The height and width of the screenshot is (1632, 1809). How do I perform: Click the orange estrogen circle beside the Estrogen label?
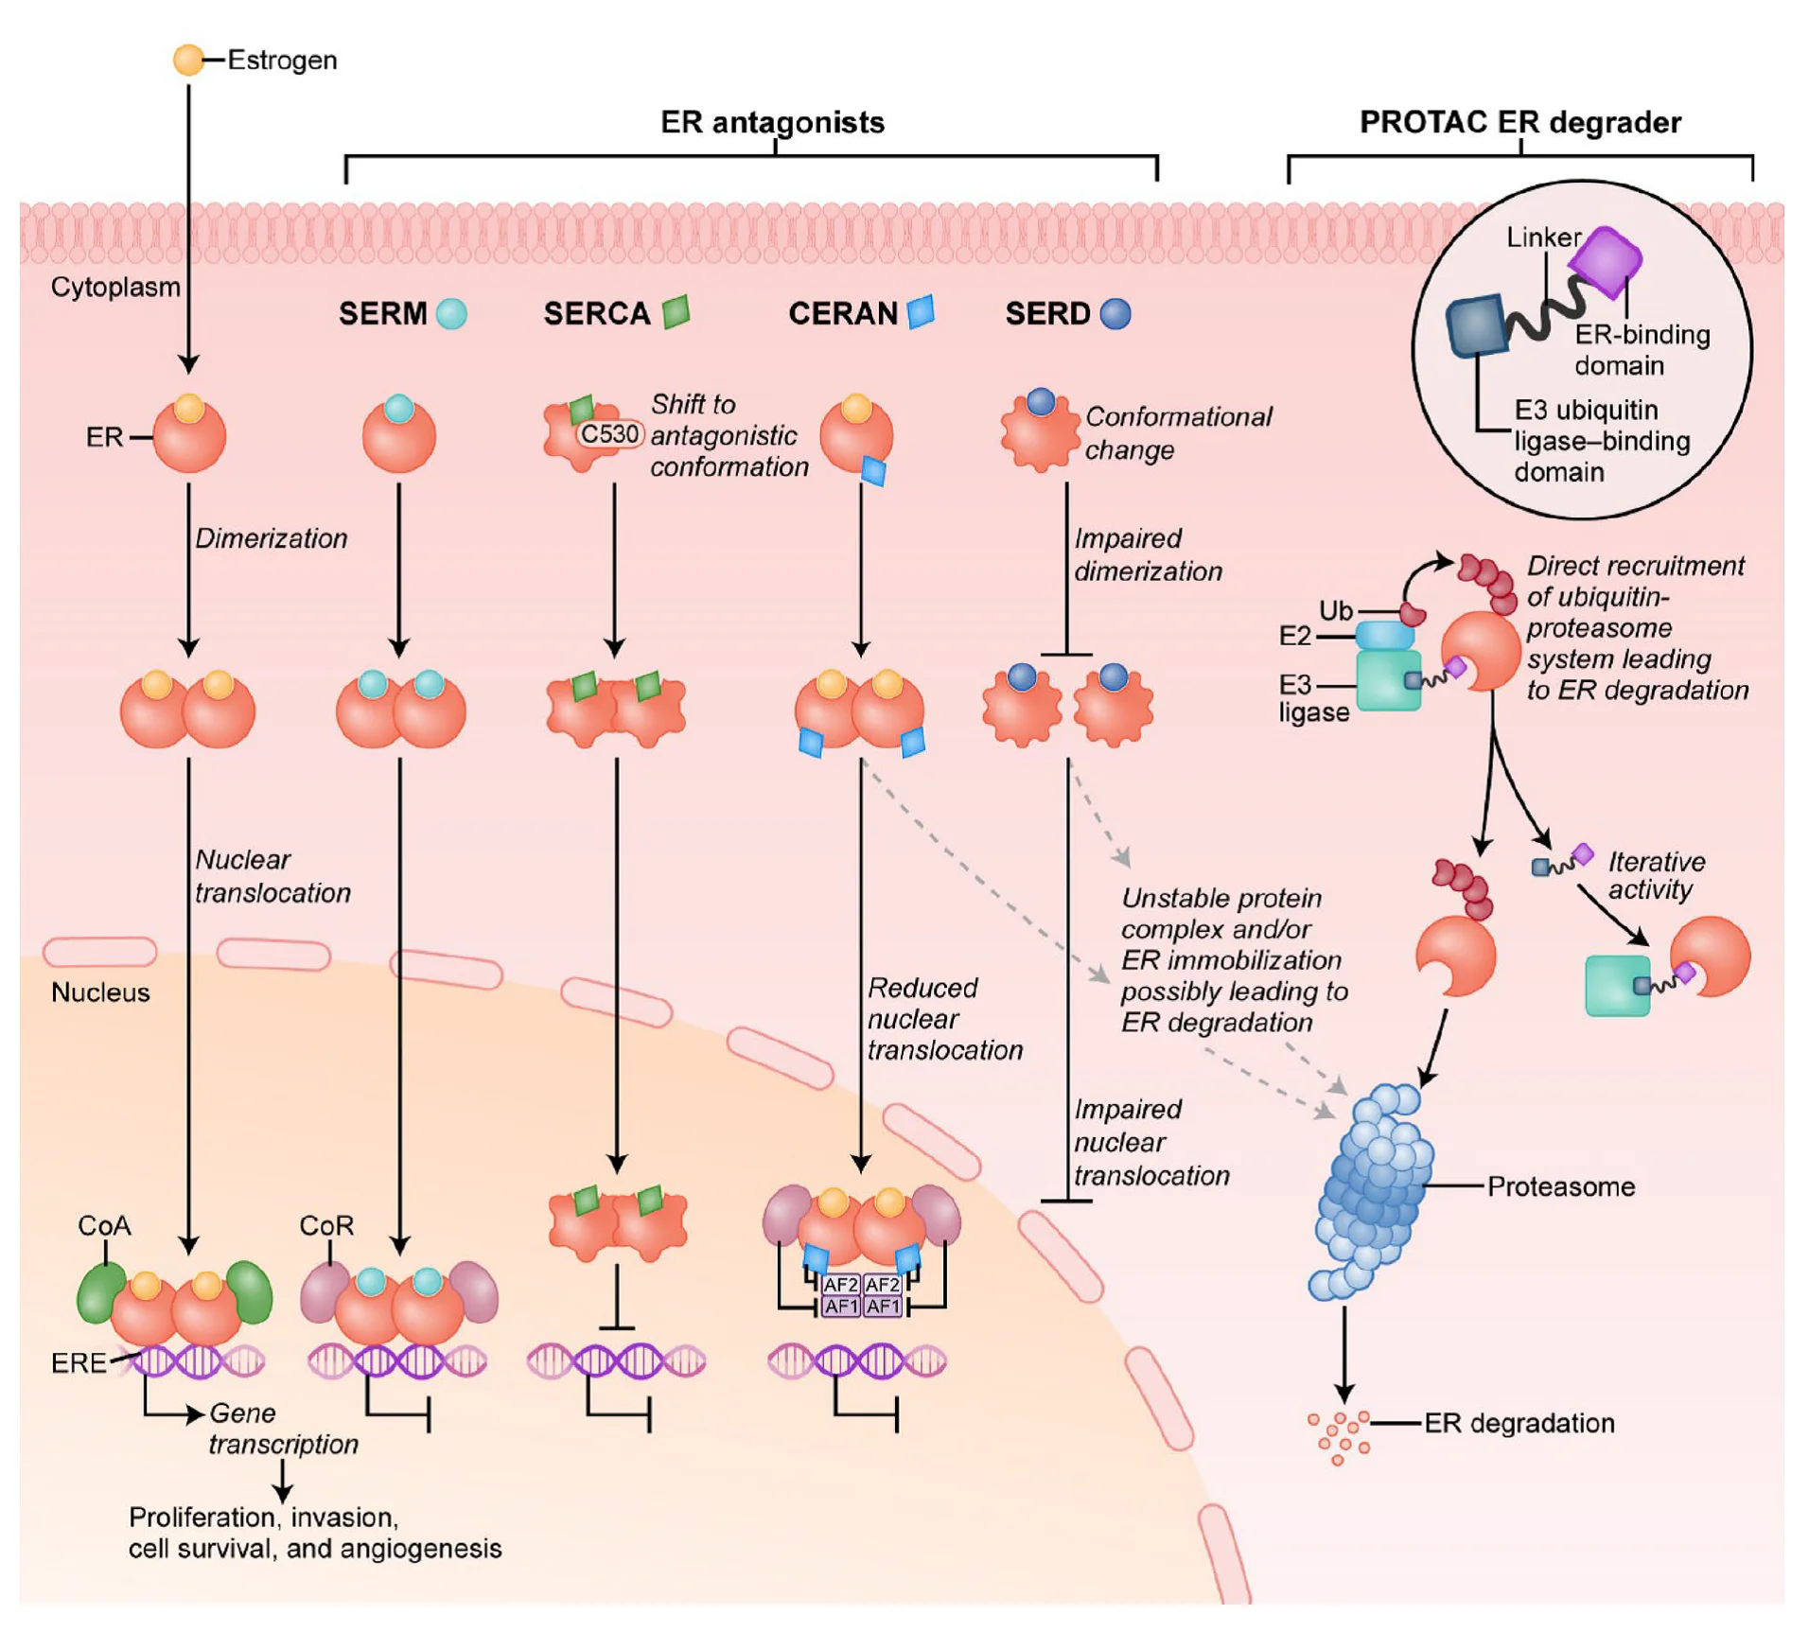coord(188,60)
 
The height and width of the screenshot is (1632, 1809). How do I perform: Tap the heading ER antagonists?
coord(772,122)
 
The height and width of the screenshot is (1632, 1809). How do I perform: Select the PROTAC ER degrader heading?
coord(1519,122)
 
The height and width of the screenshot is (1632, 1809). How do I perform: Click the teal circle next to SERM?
coord(451,313)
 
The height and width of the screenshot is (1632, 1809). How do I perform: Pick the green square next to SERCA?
coord(676,311)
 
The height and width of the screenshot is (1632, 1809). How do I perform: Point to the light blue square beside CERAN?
coord(921,311)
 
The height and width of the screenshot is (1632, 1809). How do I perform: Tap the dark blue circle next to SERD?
coord(1115,313)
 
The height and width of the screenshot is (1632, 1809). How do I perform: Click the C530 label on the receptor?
coord(609,434)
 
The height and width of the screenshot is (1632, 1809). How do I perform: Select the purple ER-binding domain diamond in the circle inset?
coord(1605,261)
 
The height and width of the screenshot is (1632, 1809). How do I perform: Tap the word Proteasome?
coord(1560,1186)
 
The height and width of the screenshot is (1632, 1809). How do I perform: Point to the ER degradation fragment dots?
coord(1339,1437)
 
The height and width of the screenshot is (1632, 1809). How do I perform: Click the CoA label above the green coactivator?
coord(104,1225)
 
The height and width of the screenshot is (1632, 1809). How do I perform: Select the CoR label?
coord(326,1225)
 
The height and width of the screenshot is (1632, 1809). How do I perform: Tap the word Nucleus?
coord(100,992)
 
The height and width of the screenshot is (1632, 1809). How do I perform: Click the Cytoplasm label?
coord(115,287)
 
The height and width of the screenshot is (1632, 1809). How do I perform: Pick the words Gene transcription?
coord(284,1428)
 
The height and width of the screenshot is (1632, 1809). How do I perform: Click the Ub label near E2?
coord(1336,610)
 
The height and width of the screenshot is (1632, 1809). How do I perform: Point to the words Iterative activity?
coord(1657,875)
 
